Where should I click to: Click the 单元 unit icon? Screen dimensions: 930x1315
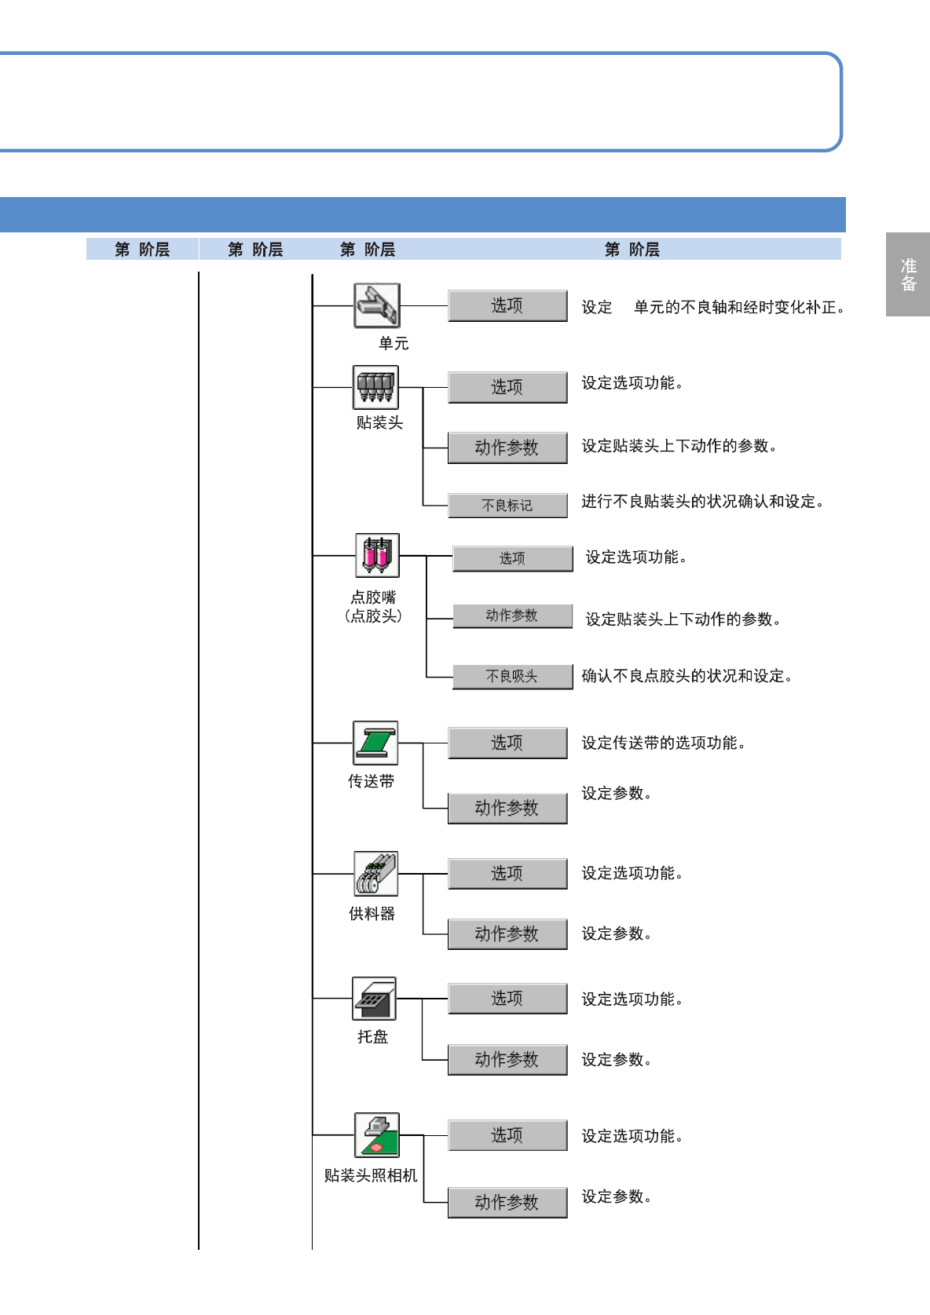click(377, 305)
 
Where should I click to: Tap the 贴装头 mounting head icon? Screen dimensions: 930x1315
click(375, 387)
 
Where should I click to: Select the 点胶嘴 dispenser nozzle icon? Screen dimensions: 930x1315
click(377, 555)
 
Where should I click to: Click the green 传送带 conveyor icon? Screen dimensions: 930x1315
click(375, 743)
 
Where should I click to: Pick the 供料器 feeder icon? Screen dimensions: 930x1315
click(375, 874)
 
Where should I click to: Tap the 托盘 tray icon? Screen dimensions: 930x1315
click(374, 999)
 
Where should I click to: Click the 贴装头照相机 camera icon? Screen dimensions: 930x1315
click(376, 1135)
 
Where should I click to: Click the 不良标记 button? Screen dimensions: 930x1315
click(507, 506)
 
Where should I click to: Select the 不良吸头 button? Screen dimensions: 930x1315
click(512, 676)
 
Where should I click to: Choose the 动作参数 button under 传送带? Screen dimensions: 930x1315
click(507, 808)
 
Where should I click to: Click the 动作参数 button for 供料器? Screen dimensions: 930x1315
click(507, 933)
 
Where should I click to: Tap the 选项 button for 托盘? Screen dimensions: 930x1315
click(507, 999)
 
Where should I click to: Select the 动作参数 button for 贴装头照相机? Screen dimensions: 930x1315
click(507, 1202)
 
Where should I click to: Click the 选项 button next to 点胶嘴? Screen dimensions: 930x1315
click(512, 558)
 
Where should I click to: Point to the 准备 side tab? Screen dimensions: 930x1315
click(908, 275)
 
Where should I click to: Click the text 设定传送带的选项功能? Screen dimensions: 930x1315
click(663, 743)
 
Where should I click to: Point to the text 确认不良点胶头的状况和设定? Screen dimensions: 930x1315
click(687, 676)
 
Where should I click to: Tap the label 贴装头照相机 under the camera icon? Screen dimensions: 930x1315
click(371, 1175)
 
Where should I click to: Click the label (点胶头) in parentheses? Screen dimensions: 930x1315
click(374, 616)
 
